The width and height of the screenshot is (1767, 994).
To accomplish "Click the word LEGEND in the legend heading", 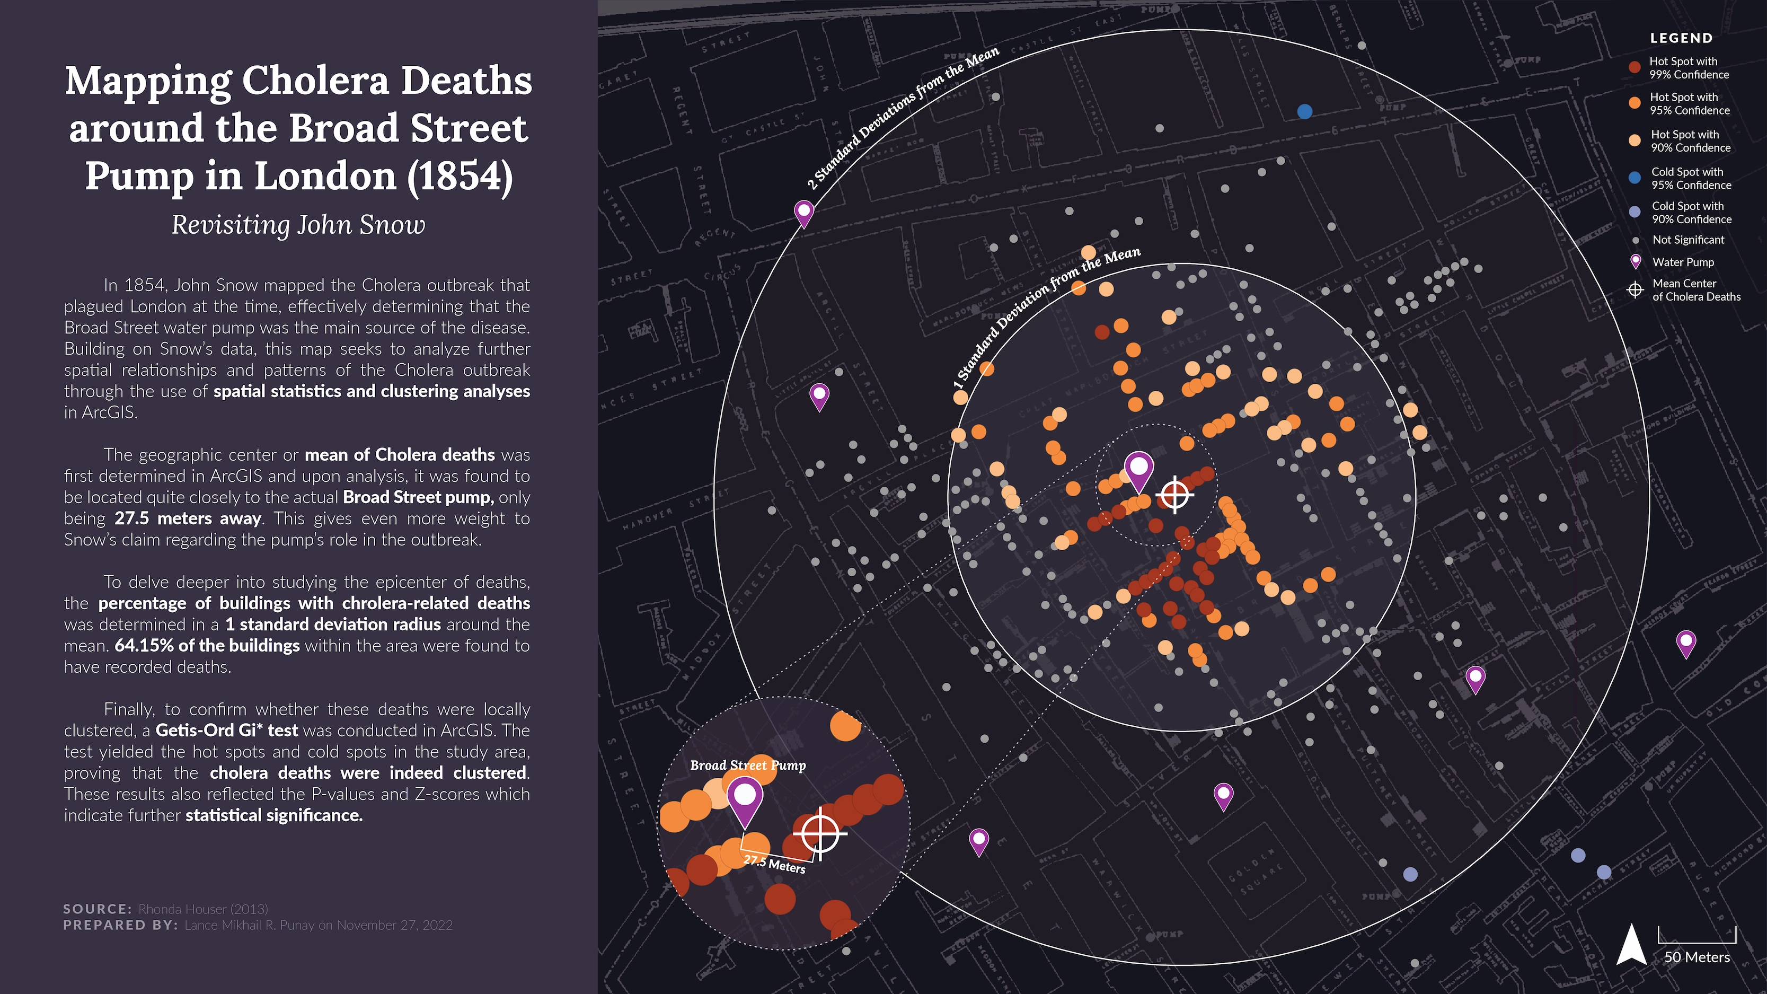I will point(1681,38).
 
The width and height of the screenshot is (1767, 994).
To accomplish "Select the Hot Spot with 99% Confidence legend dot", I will point(1635,68).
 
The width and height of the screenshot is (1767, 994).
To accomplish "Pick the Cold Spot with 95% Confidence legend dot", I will point(1635,178).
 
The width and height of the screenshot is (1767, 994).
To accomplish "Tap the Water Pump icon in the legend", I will point(1636,261).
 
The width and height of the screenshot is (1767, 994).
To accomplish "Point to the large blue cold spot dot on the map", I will point(1305,111).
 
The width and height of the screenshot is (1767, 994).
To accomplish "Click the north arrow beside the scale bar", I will point(1632,945).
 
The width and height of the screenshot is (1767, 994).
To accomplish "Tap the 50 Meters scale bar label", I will point(1697,957).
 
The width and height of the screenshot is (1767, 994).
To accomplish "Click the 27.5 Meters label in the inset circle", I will point(774,864).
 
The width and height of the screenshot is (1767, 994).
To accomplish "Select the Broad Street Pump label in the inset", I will point(748,765).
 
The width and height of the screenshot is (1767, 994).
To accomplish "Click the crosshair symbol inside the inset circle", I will point(820,833).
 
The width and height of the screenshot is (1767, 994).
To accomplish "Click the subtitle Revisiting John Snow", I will point(298,225).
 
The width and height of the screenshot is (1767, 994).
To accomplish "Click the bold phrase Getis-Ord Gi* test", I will point(226,731).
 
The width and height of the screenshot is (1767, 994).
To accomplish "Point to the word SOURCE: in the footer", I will point(96,909).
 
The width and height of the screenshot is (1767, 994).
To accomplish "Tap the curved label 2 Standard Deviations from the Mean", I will point(902,118).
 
